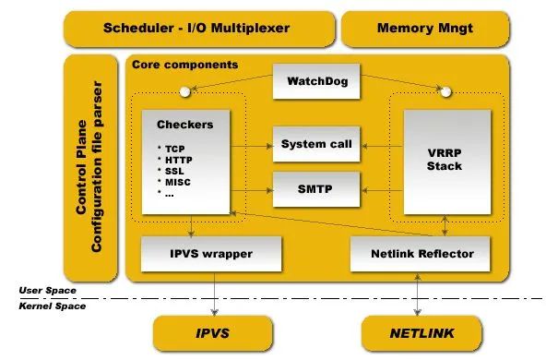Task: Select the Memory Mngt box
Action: [x=424, y=28]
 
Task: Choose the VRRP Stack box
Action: [x=445, y=159]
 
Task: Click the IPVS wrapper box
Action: [x=197, y=252]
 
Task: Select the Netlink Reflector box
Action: [x=421, y=252]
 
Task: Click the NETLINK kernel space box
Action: [x=421, y=330]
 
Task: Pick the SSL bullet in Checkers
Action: [x=172, y=170]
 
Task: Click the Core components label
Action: [x=184, y=66]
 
